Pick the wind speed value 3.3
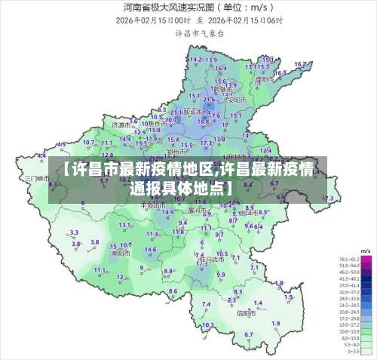click(x=74, y=232)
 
